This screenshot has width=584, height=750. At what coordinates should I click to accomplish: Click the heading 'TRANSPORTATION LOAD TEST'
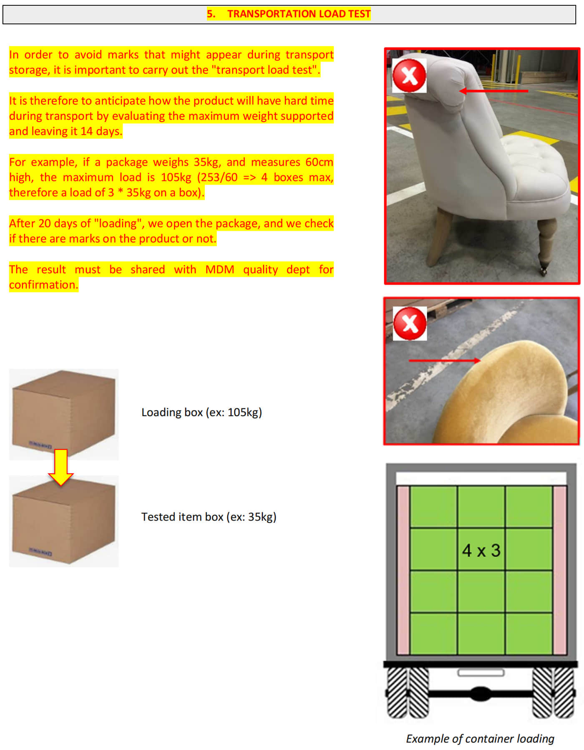pos(299,14)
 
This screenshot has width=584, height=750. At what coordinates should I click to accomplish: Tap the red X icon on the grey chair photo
pos(409,75)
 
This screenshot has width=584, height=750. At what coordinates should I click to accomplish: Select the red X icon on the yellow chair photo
pos(410,323)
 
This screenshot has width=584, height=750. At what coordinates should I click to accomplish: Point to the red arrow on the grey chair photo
pos(493,91)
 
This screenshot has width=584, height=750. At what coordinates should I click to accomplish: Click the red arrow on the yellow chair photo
pos(445,360)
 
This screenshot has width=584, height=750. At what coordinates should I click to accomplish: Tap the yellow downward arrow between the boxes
pos(61,467)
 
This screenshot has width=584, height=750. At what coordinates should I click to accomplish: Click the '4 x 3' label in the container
pos(481,550)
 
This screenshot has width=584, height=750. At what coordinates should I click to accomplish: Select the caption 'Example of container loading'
pos(480,739)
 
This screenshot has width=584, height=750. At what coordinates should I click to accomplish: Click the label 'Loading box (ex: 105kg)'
pos(201,412)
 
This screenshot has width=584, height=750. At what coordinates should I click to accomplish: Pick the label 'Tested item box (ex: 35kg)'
pos(209,517)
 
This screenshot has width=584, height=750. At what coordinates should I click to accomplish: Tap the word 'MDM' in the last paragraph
pos(219,269)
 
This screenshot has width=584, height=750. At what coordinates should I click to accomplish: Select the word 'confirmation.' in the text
pos(43,285)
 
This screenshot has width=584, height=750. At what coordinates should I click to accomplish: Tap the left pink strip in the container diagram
pos(403,570)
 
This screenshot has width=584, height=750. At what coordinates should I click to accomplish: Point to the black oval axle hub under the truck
pos(481,693)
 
